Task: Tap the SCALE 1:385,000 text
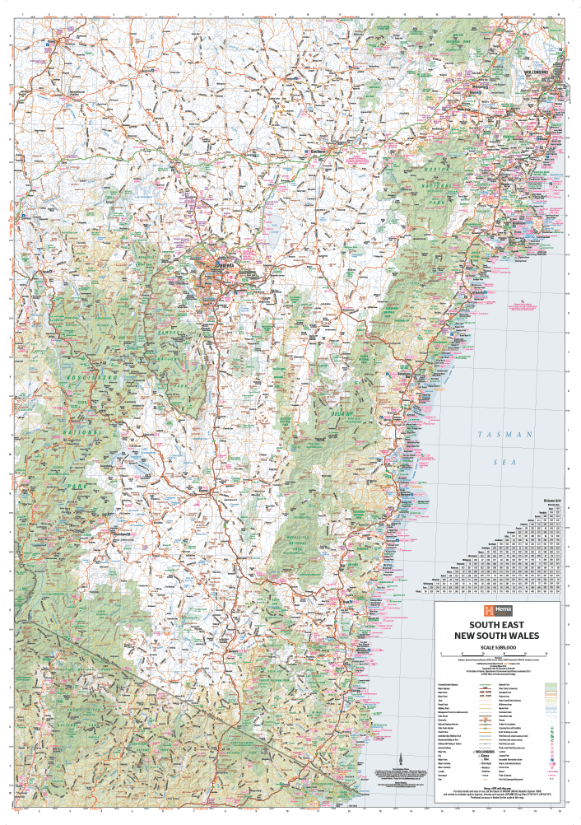tap(494, 647)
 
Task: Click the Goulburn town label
tap(317, 151)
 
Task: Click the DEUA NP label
tap(342, 412)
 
